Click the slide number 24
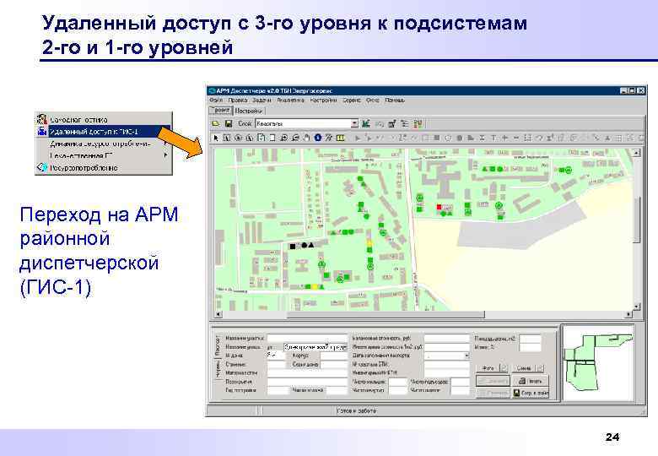[x=612, y=437]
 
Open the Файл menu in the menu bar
[x=215, y=100]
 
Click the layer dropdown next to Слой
[x=307, y=123]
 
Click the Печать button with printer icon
[x=528, y=381]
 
